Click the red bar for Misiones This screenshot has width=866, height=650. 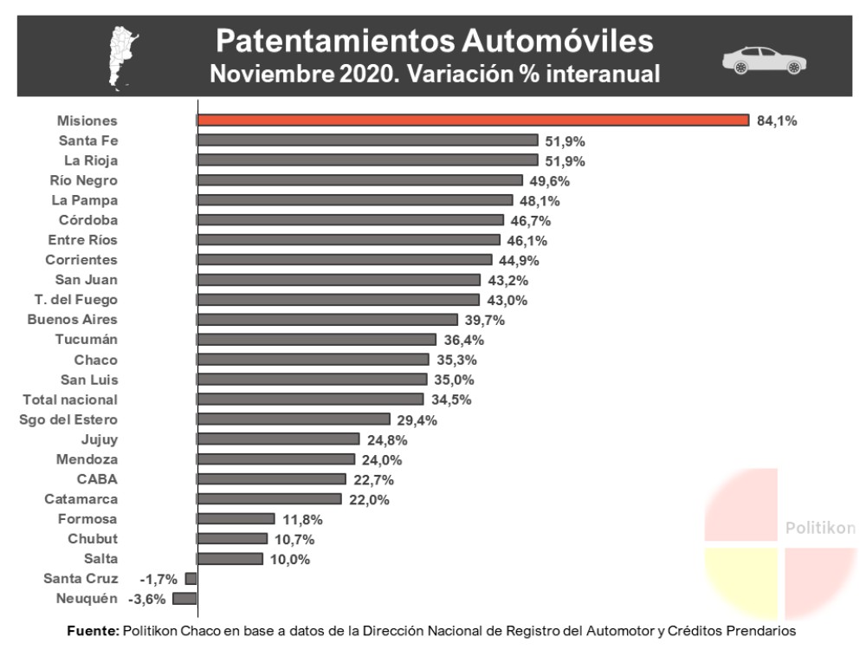473,120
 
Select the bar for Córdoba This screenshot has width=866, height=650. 351,220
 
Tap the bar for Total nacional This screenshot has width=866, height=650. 311,400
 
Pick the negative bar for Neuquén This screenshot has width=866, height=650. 185,598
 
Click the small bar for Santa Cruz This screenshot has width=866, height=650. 191,578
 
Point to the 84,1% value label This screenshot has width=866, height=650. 777,120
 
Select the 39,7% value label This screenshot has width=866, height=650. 484,320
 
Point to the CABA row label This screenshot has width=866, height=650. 97,479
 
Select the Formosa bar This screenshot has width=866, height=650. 236,519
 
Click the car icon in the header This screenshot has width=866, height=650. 765,62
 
